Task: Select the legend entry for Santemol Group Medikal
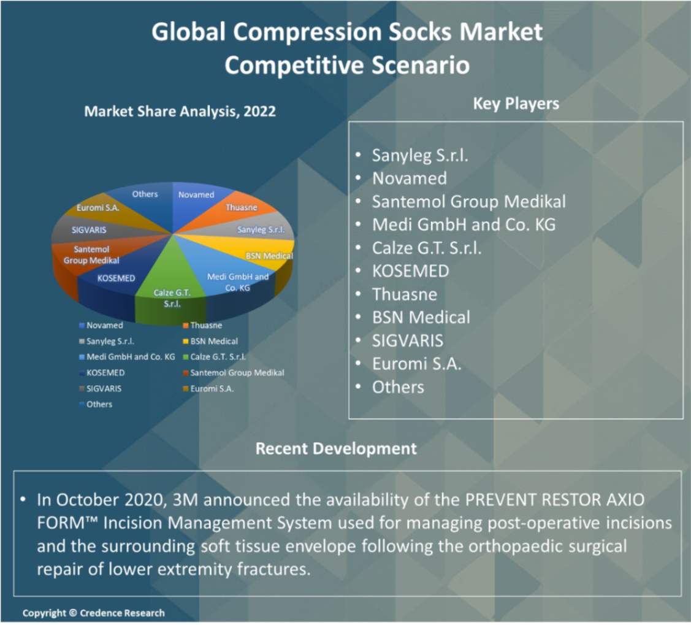coord(234,373)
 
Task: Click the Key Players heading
coord(516,104)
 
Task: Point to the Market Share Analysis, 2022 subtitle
coord(180,111)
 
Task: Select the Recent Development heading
coord(336,449)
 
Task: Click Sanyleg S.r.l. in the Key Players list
coord(420,156)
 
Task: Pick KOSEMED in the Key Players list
coord(411,271)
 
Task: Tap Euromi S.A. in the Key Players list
coord(416,364)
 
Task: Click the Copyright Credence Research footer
coord(93,613)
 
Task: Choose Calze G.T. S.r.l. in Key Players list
coord(427,248)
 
